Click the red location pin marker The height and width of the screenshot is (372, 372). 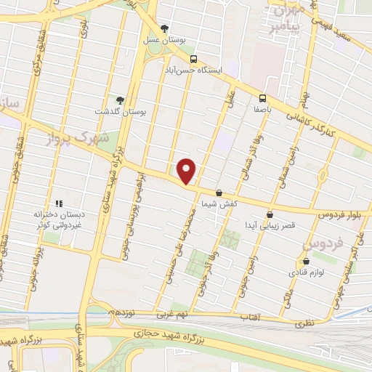[x=187, y=171]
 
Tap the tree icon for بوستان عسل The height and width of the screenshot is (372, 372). [x=165, y=30]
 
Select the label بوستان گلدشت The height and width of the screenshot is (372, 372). [x=121, y=113]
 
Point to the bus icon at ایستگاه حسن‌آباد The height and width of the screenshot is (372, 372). [x=193, y=59]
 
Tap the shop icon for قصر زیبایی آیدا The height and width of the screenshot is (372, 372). [x=270, y=214]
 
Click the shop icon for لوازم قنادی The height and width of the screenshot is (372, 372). [x=305, y=261]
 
